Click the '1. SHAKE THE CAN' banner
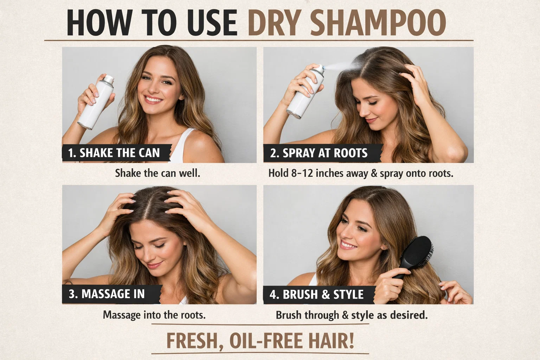(x=114, y=153)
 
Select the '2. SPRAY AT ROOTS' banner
(x=319, y=153)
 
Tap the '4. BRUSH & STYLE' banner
(x=316, y=294)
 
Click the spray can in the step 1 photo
(x=96, y=102)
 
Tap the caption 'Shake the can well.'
(x=157, y=173)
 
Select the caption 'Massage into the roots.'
(x=154, y=315)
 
